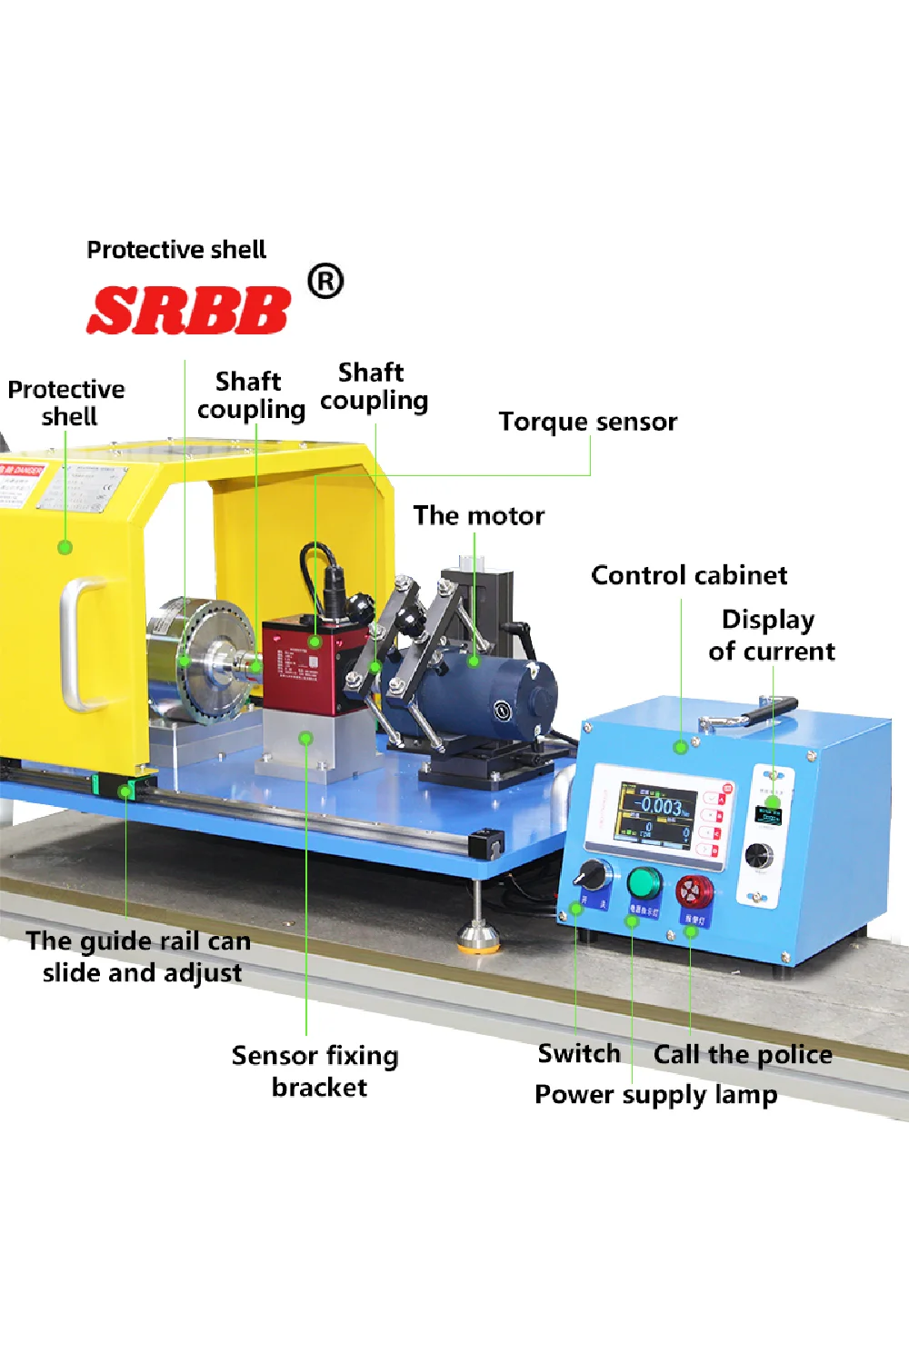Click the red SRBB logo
pos(188,310)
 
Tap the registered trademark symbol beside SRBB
pos(325,282)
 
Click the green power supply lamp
pos(644,881)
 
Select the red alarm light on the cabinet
pos(694,890)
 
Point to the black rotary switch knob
pos(594,875)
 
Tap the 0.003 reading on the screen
pos(661,806)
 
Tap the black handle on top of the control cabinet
pos(750,711)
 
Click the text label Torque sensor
pos(587,422)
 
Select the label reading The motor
pos(479,516)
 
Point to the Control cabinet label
pos(689,575)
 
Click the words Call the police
pos(743,1054)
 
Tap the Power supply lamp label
pos(655,1094)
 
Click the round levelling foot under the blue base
pos(478,935)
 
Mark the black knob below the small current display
pos(759,855)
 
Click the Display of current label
pos(771,635)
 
